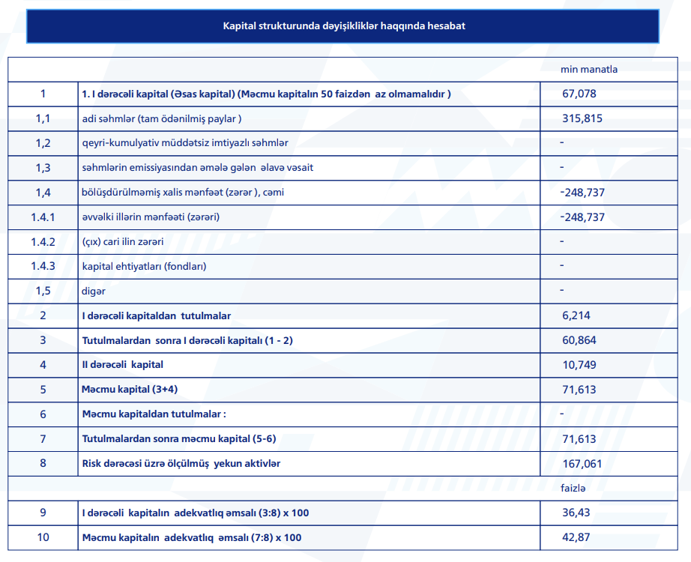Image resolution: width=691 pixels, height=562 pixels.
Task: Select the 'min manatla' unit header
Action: [x=589, y=70]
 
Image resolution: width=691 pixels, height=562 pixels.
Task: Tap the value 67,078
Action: [x=579, y=94]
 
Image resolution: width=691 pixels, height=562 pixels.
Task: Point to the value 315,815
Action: [x=582, y=118]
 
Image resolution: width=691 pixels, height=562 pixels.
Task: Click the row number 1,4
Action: [x=43, y=193]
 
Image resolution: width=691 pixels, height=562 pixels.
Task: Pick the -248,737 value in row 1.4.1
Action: [x=582, y=217]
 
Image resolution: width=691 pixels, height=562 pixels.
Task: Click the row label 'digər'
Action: [x=94, y=291]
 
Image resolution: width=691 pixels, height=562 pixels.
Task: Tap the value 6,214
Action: [x=576, y=315]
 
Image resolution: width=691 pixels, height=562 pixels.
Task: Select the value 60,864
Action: [x=579, y=340]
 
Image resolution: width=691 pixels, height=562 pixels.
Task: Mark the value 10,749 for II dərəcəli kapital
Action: [x=579, y=365]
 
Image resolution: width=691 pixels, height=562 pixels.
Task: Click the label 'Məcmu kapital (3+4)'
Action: [x=130, y=390]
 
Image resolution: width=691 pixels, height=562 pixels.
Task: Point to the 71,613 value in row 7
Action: [x=579, y=438]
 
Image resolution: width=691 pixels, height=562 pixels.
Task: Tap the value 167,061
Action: [x=582, y=463]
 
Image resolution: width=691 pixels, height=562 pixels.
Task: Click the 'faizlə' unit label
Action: [x=573, y=488]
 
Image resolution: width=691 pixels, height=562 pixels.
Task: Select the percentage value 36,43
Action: [x=576, y=513]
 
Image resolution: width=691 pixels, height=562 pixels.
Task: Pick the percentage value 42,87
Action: [x=576, y=537]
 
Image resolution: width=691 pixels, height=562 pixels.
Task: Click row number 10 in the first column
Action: [x=43, y=537]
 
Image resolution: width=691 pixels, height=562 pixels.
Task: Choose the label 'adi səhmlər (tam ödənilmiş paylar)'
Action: [x=162, y=118]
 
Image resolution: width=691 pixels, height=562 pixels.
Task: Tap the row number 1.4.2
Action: [x=43, y=242]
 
